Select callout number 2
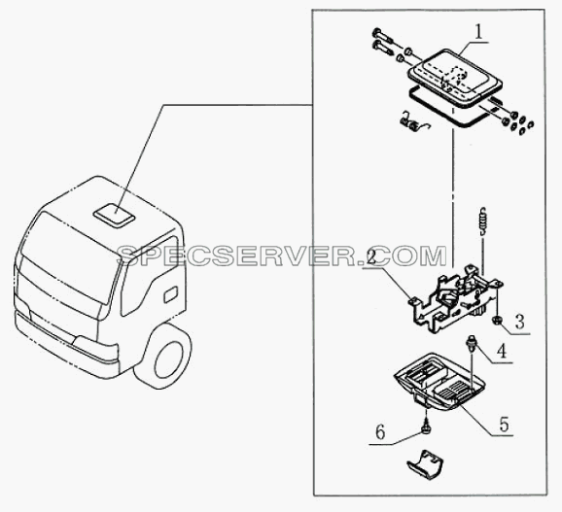pos(371,257)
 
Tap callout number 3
pos(520,322)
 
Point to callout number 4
pos(502,351)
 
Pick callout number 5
pos(505,425)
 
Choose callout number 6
pos(380,432)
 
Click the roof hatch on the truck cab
pos(114,216)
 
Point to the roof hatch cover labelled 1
pos(454,78)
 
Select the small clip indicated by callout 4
pos(470,343)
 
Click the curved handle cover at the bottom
pos(425,464)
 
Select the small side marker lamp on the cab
pos(170,294)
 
